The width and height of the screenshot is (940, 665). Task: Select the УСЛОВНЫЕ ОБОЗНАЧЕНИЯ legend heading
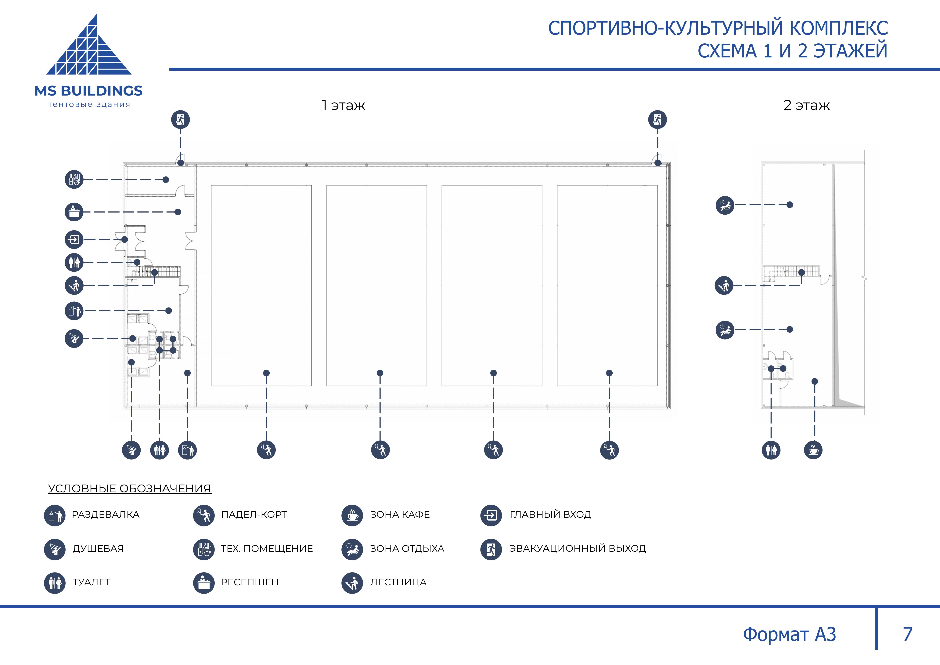129,489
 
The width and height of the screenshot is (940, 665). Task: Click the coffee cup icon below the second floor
813,450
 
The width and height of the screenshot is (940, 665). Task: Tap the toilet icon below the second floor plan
771,450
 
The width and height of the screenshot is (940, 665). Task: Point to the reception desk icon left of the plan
74,212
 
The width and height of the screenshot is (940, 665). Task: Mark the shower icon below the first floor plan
131,450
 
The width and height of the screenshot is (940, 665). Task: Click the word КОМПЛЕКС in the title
838,28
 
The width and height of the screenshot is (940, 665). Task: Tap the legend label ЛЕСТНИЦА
398,582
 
